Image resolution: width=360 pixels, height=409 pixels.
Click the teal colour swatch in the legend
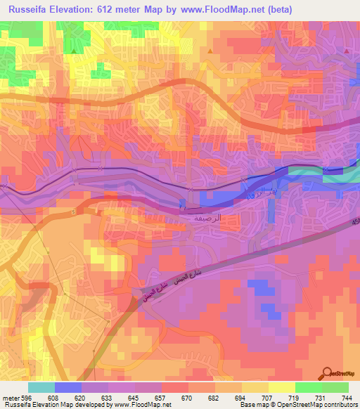point(41,387)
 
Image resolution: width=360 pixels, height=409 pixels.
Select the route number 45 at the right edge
point(354,224)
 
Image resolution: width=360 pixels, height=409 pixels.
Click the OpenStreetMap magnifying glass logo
point(327,374)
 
